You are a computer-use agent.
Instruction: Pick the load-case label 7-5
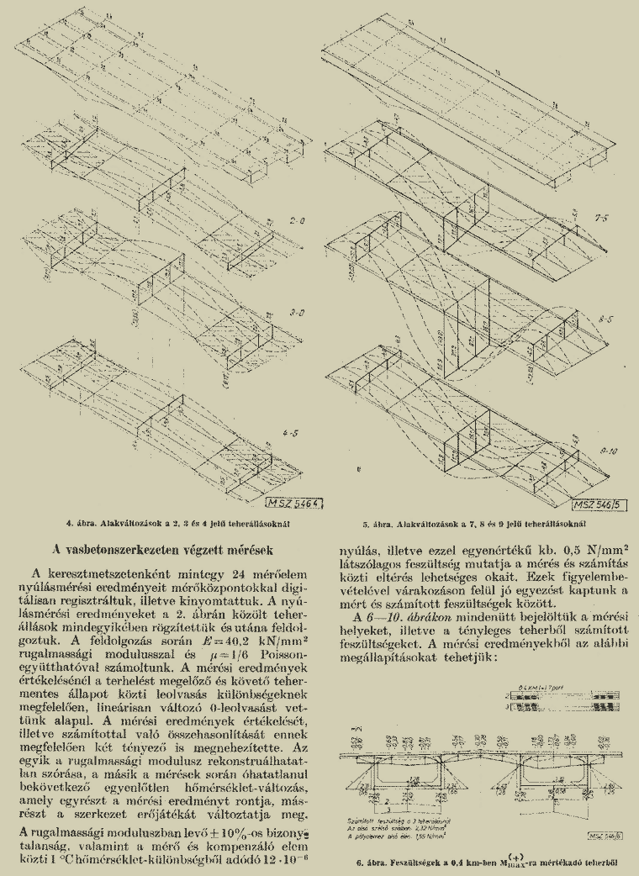click(600, 217)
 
